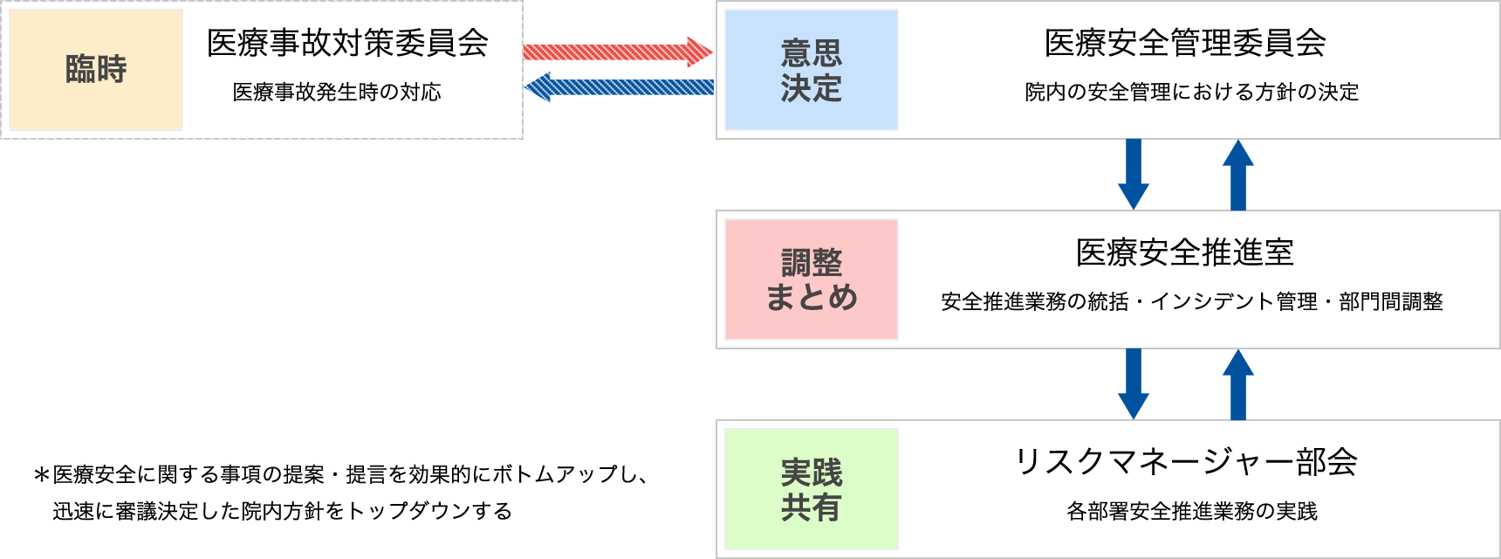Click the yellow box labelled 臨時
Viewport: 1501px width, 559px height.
pyautogui.click(x=95, y=69)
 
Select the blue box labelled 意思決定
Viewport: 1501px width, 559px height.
pyautogui.click(x=811, y=70)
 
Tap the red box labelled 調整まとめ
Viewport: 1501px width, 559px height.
pyautogui.click(x=811, y=279)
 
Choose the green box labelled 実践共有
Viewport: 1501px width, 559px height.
pyautogui.click(x=811, y=489)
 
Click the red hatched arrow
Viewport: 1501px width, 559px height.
pyautogui.click(x=620, y=52)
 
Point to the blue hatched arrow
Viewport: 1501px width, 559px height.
pyautogui.click(x=621, y=87)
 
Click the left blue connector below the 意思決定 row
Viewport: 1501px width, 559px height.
pyautogui.click(x=1133, y=175)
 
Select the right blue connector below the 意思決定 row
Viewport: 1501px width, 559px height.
pyautogui.click(x=1237, y=175)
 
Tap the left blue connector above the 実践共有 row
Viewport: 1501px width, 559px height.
pyautogui.click(x=1133, y=384)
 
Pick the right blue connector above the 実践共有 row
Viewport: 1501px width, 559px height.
pyautogui.click(x=1237, y=384)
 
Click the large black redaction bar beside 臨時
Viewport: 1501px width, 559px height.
pyautogui.click(x=348, y=42)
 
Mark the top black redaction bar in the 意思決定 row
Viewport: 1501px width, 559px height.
pyautogui.click(x=1186, y=42)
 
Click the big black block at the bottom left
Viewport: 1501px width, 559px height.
pyautogui.click(x=342, y=492)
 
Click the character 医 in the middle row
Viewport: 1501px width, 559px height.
pyautogui.click(x=1089, y=252)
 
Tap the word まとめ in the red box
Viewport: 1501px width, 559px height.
pyautogui.click(x=811, y=297)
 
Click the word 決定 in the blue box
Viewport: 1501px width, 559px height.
pyautogui.click(x=811, y=87)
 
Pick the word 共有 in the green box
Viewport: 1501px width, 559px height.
pyautogui.click(x=811, y=507)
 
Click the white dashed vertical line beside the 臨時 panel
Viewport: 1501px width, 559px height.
pyautogui.click(x=521, y=70)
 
